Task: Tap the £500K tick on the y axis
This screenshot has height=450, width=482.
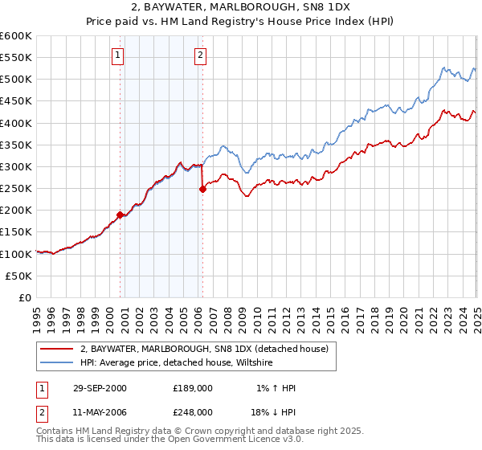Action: click(16, 80)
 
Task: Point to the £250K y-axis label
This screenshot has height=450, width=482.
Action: click(16, 189)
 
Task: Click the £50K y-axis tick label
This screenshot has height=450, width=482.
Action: click(19, 276)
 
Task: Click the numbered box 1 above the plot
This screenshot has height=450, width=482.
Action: click(117, 55)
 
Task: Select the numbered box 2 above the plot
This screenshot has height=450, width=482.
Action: click(199, 55)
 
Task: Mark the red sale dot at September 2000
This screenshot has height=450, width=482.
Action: click(120, 215)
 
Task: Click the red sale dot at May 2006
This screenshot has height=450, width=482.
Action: click(202, 190)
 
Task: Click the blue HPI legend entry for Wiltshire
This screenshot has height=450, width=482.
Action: click(177, 363)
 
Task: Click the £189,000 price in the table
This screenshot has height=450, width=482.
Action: click(192, 388)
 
